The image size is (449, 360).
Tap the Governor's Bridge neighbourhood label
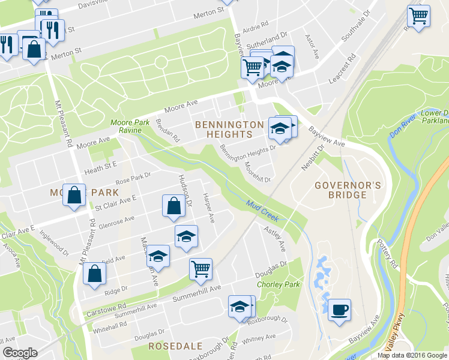point(348,190)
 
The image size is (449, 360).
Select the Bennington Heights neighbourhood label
point(229,130)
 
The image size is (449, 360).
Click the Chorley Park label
point(278,284)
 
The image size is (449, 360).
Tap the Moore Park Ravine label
point(130,127)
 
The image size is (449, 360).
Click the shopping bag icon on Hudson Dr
point(173,206)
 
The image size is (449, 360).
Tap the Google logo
point(20,353)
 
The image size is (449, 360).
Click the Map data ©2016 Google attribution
point(412,355)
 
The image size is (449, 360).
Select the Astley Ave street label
point(277,238)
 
